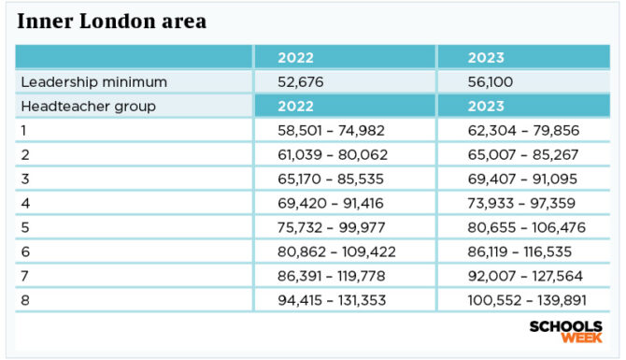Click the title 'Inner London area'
click(x=112, y=20)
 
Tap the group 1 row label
click(x=24, y=130)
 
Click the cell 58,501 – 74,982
click(x=332, y=131)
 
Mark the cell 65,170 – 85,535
click(x=332, y=179)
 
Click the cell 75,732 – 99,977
click(x=332, y=227)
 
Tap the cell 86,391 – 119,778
click(x=335, y=276)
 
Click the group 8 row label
click(x=25, y=300)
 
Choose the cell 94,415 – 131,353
click(x=335, y=300)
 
